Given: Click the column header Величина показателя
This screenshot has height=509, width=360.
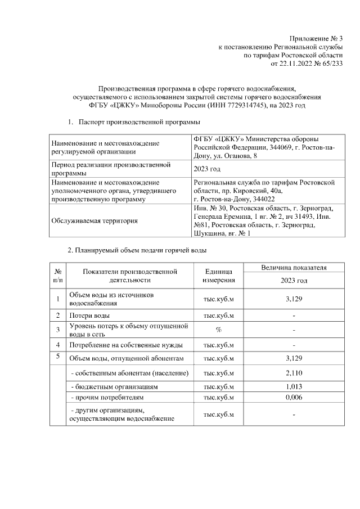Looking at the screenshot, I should pyautogui.click(x=294, y=268).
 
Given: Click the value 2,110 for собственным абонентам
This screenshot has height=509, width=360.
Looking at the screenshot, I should pyautogui.click(x=294, y=373).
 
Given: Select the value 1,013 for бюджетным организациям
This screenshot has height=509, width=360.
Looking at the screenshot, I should pyautogui.click(x=294, y=387).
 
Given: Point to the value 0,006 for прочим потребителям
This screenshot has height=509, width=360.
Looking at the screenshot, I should pyautogui.click(x=294, y=398).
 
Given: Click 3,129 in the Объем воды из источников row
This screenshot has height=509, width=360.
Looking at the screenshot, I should pyautogui.click(x=294, y=299).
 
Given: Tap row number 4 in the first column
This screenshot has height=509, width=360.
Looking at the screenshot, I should pyautogui.click(x=58, y=344).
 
